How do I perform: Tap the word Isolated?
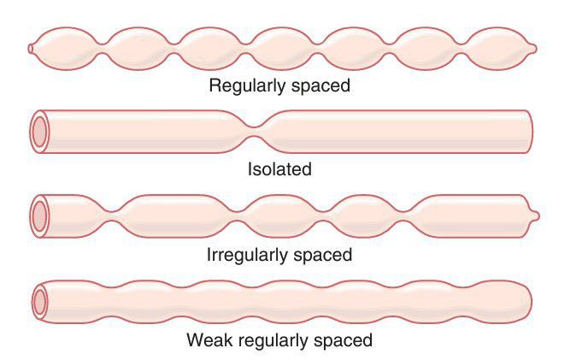279,169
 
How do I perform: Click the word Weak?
208,340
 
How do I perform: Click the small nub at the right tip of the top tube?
534,48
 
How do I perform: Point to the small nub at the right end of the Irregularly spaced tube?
535,215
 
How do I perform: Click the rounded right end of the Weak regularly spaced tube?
526,300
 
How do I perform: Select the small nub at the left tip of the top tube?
31,48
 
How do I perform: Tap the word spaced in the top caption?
317,86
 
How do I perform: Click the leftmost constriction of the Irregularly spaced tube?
112,215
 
